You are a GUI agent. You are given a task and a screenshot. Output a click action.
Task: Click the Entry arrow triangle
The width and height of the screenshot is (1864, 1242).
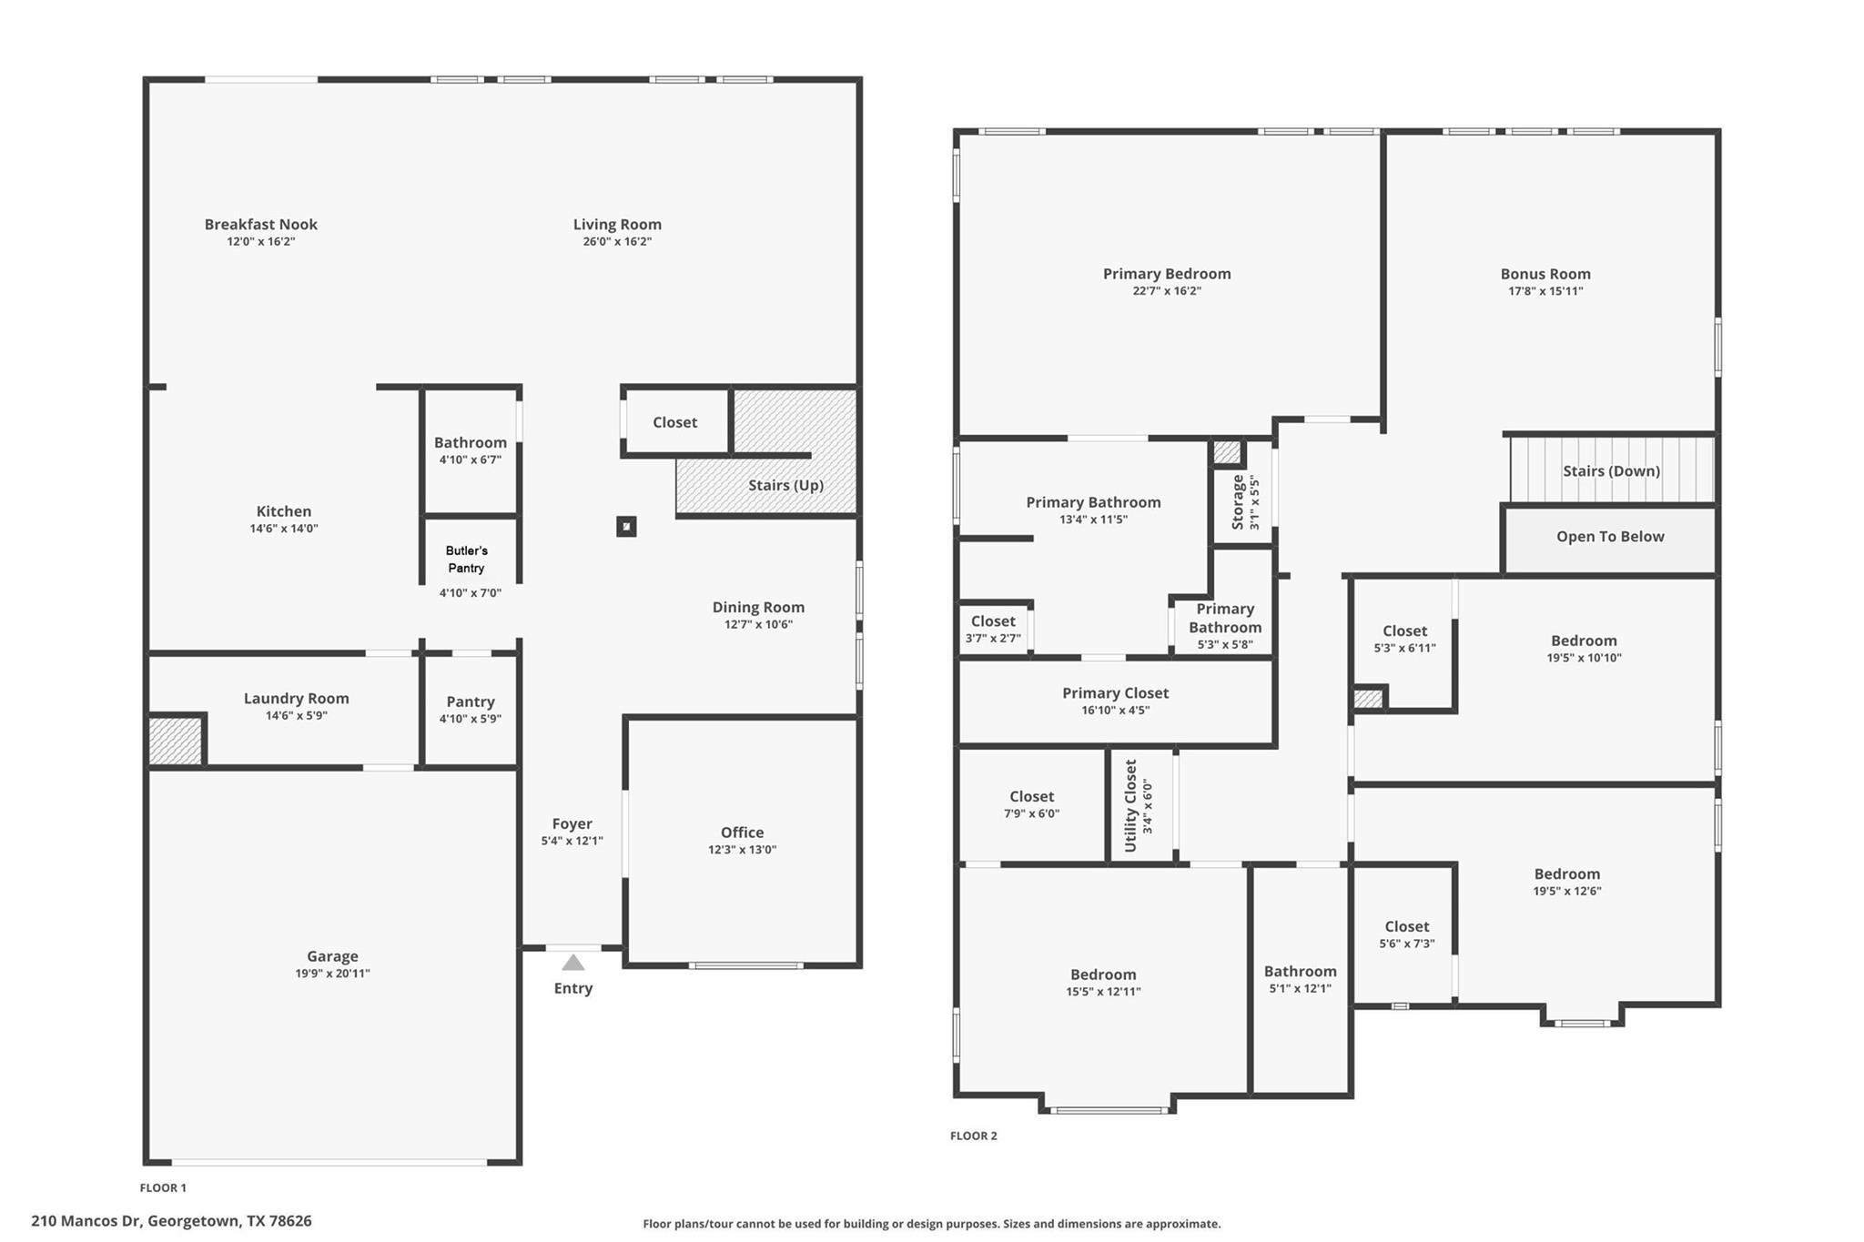click(x=572, y=963)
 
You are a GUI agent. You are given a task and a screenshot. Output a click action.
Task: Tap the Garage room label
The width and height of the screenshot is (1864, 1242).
click(x=332, y=955)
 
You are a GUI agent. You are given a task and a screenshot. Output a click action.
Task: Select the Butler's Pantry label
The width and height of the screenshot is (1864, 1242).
click(x=466, y=559)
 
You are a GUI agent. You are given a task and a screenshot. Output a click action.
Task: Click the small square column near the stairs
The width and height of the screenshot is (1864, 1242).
click(x=626, y=526)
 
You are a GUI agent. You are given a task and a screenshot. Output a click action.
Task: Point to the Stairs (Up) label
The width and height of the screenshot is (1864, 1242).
click(x=785, y=485)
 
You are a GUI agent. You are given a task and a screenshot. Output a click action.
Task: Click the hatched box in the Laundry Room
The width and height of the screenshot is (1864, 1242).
click(x=175, y=741)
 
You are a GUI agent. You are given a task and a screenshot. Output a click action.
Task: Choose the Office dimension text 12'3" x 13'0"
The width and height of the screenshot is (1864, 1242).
click(x=742, y=850)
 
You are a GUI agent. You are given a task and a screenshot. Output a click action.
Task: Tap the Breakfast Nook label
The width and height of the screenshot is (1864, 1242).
click(x=260, y=224)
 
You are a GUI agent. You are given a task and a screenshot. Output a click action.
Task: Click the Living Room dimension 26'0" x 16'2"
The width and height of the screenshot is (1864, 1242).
click(x=617, y=242)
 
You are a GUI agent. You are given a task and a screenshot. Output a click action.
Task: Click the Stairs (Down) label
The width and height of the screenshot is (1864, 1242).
click(x=1611, y=470)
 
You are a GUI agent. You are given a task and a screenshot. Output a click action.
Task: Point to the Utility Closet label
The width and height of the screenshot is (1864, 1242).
click(x=1130, y=805)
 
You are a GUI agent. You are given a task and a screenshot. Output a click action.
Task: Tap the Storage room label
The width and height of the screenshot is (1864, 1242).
click(x=1238, y=501)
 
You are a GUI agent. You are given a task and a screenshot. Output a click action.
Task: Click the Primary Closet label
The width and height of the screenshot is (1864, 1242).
click(x=1115, y=692)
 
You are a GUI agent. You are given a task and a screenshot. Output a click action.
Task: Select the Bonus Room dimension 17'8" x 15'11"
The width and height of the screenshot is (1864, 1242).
click(x=1545, y=291)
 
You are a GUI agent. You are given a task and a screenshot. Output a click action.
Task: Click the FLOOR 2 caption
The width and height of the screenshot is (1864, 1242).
click(x=973, y=1136)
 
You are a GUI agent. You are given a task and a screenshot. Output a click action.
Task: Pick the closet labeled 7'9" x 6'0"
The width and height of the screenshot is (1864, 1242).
click(x=1031, y=804)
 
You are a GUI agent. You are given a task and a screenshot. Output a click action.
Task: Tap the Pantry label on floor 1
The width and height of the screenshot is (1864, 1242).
click(x=470, y=702)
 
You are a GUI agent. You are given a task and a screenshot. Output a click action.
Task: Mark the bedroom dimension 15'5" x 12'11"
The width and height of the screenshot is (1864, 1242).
click(x=1103, y=992)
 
